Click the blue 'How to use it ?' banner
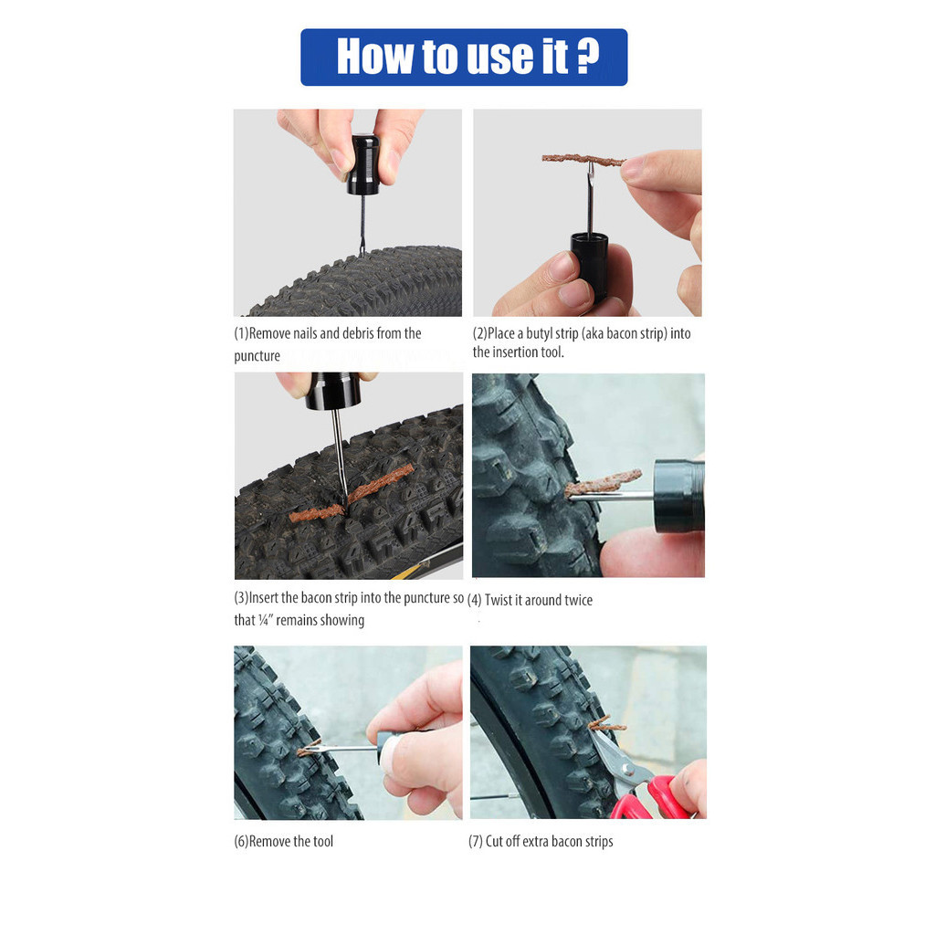[464, 58]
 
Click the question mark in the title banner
[588, 58]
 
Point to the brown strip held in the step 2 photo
[583, 160]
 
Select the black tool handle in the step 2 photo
[590, 266]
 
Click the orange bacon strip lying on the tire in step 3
[352, 493]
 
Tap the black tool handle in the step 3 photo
[333, 391]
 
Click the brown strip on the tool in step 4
[603, 482]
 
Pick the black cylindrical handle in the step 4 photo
[679, 496]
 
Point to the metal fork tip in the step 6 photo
[311, 748]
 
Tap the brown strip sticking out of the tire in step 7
[606, 724]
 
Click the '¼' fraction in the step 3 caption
[264, 620]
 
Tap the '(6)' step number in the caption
[241, 841]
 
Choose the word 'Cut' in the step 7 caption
[494, 841]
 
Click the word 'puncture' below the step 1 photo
[257, 357]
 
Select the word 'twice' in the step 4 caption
[578, 600]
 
